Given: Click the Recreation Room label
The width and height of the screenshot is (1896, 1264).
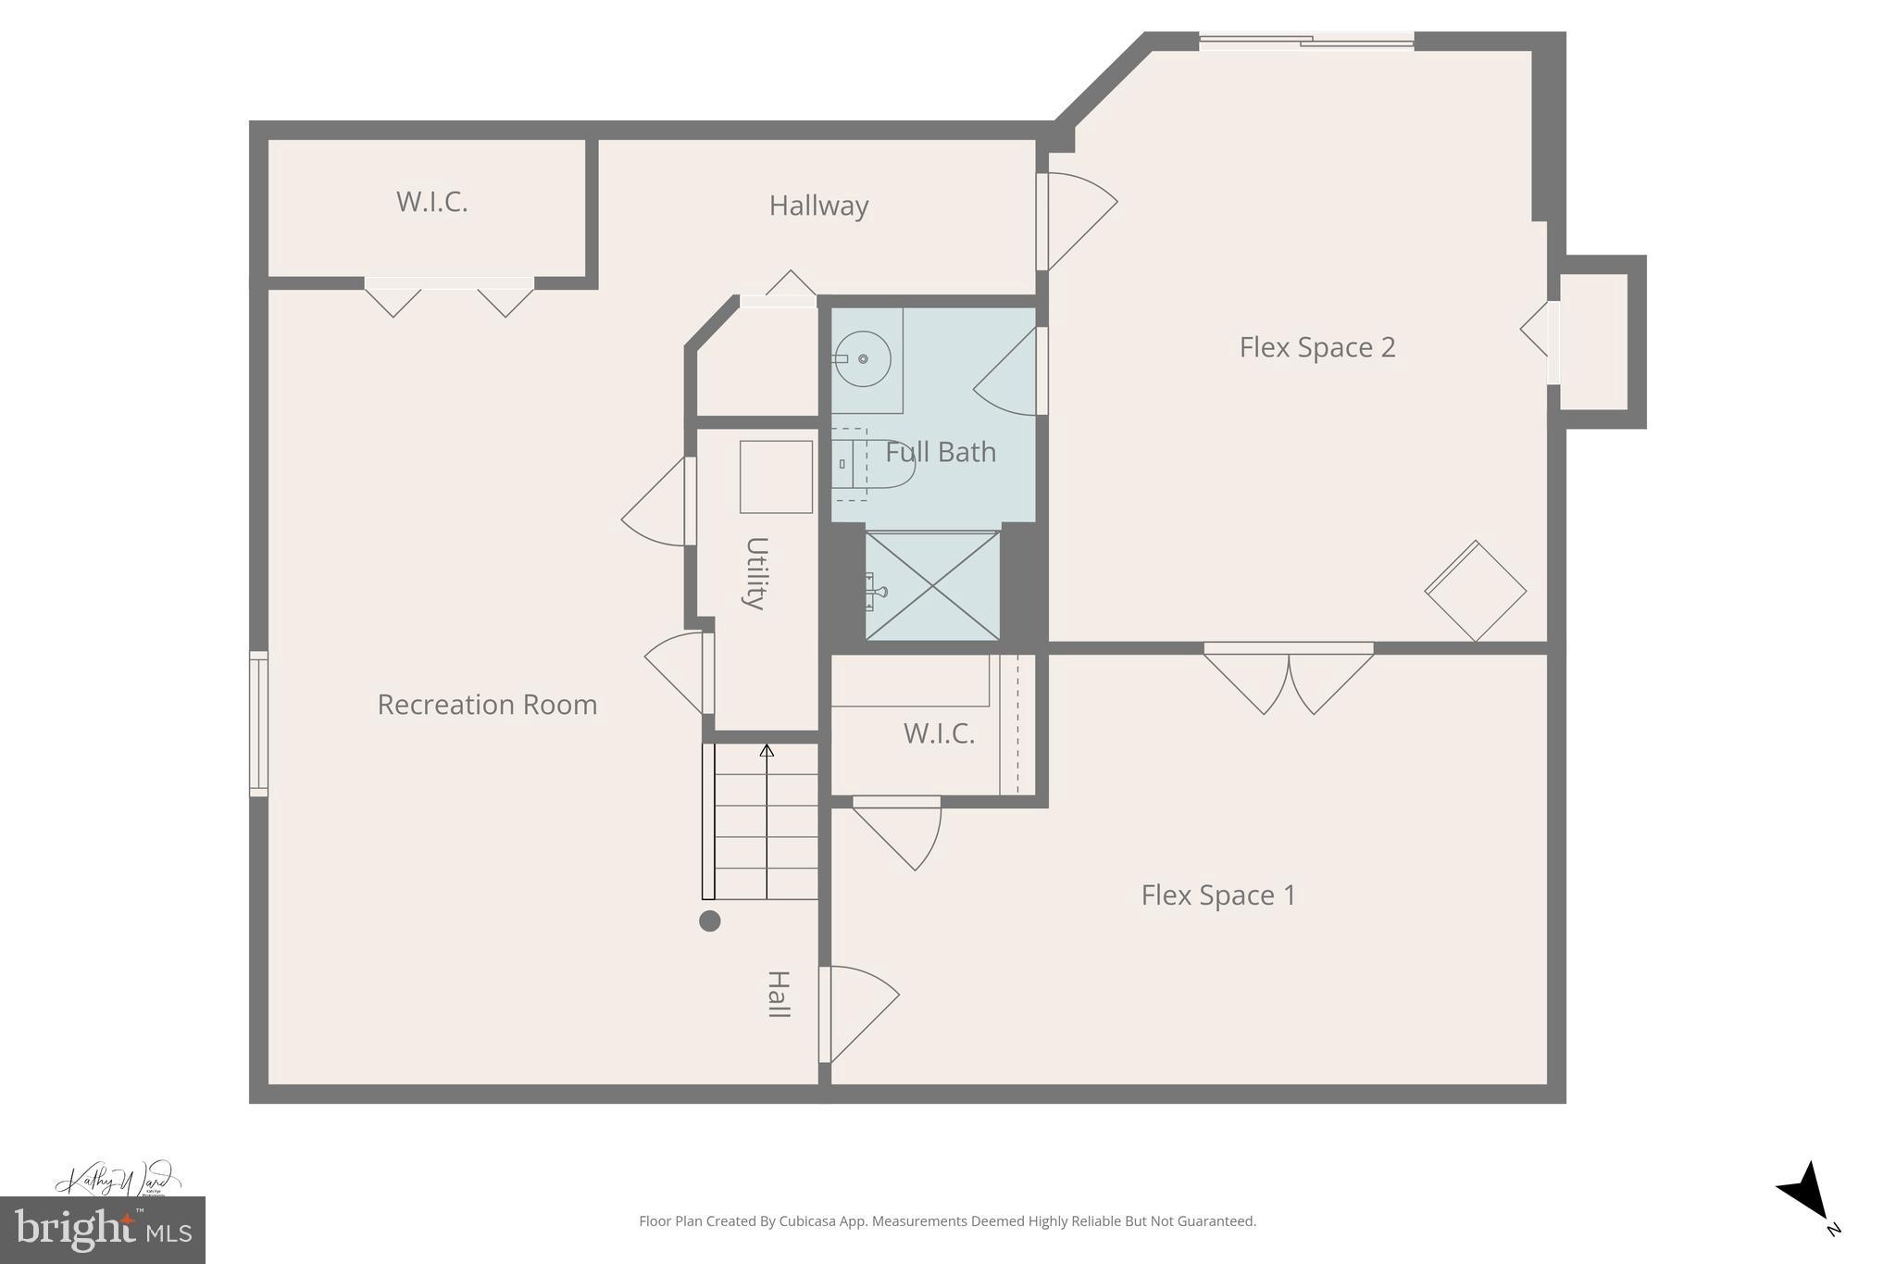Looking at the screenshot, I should point(487,705).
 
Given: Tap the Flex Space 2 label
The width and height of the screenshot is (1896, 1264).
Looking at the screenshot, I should point(1316,347).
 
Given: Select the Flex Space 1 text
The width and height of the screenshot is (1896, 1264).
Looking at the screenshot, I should point(1218,895).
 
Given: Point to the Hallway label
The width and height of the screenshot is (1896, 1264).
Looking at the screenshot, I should point(818,206).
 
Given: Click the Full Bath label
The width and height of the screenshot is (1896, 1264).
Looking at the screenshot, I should point(941,452).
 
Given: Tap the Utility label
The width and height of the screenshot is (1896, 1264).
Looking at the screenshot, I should point(756,573).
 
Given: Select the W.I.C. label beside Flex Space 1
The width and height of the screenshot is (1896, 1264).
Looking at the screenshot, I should point(939,733).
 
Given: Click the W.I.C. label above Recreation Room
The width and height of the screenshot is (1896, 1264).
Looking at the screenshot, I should point(431,202).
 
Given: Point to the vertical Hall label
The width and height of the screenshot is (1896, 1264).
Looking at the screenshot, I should point(779,995).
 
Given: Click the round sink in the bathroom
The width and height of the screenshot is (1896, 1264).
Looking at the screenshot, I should point(863,359).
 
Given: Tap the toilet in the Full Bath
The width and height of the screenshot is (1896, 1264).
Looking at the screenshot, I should point(875,464).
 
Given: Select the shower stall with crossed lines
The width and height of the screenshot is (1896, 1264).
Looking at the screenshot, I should point(932,585).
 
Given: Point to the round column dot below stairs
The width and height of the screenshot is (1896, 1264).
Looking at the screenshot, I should point(709,920).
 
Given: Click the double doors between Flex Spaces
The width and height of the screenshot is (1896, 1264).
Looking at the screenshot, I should point(1288,679).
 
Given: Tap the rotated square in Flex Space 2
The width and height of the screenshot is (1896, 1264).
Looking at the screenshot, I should point(1475,591).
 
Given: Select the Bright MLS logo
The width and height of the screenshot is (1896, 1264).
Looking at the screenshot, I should point(102,1230).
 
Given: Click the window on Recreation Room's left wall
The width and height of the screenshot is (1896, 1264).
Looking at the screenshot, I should point(259,723).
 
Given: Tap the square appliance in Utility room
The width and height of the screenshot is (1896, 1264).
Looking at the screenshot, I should point(776,477).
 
